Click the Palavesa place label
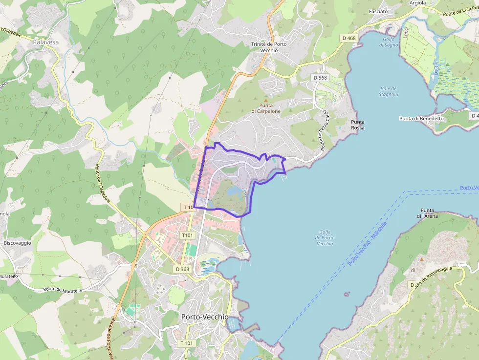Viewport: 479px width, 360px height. point(46,42)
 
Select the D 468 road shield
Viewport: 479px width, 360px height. point(349,38)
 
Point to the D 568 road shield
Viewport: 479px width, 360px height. point(320,78)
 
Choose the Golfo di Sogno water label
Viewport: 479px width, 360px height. point(389,42)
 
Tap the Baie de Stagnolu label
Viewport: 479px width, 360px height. point(389,91)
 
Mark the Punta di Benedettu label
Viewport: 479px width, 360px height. point(421,118)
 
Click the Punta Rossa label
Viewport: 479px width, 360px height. point(357,125)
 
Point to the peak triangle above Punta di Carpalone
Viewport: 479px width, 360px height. point(266,100)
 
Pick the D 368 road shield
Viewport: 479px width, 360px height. point(182,269)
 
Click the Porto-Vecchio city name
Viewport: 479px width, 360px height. point(204,317)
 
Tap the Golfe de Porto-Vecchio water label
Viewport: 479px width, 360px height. point(325,237)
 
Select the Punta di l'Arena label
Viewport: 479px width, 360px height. point(427,212)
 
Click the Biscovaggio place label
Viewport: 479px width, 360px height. point(17,243)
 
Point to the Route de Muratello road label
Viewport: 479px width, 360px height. point(63,290)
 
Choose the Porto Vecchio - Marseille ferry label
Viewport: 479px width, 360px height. point(367,244)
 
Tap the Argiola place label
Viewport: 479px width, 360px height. point(417,3)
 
